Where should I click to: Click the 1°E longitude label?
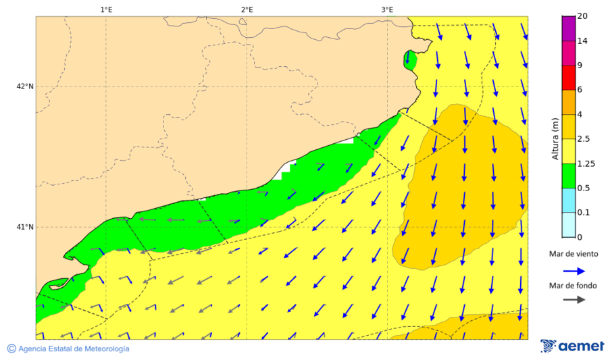pyautogui.click(x=106, y=9)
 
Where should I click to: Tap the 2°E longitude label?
pyautogui.click(x=247, y=9)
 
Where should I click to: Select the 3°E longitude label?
pyautogui.click(x=387, y=9)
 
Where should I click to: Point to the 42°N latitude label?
pyautogui.click(x=25, y=86)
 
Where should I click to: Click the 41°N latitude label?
pyautogui.click(x=25, y=227)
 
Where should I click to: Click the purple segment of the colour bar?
pyautogui.click(x=568, y=28)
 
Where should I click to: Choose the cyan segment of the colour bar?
pyautogui.click(x=568, y=200)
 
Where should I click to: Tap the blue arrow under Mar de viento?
pyautogui.click(x=574, y=271)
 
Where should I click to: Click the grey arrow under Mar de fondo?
pyautogui.click(x=574, y=300)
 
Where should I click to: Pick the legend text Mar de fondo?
pyautogui.click(x=574, y=285)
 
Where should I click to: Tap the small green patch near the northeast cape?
pyautogui.click(x=409, y=59)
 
